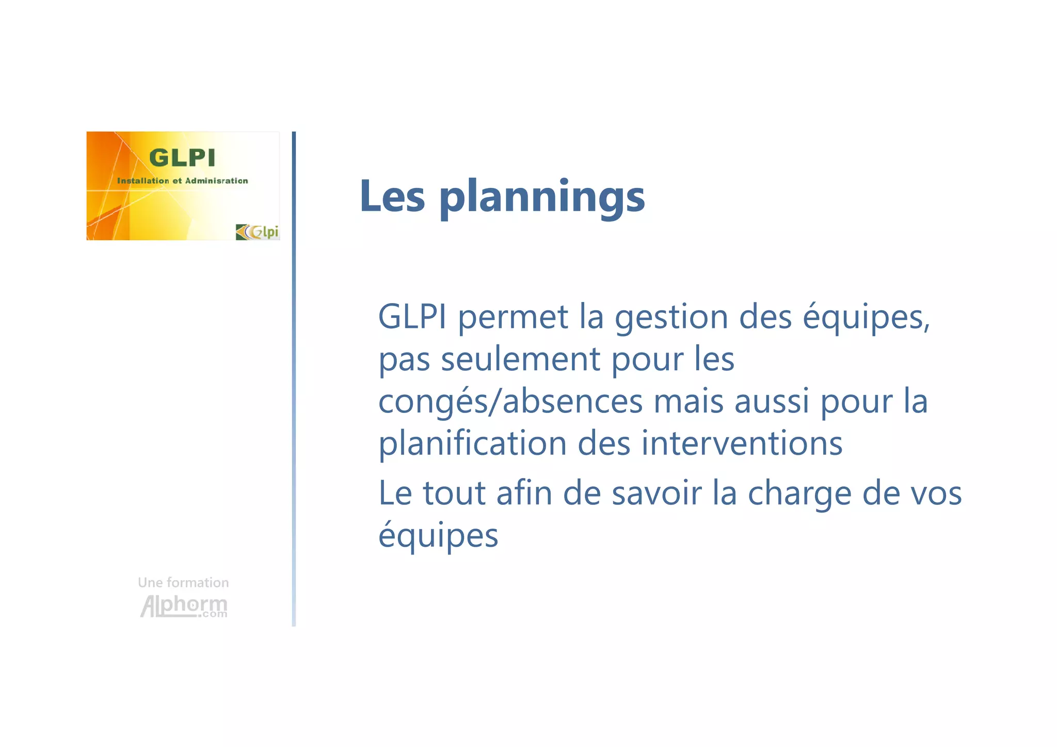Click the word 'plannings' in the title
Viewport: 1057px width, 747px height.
542,198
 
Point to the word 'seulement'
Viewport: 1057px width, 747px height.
520,360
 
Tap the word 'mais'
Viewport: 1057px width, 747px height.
688,402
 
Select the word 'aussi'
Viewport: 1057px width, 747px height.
772,402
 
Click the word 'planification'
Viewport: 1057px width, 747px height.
472,444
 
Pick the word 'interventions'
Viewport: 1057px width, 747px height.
742,443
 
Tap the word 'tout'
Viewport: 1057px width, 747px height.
454,493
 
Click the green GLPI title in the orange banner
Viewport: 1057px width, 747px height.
182,158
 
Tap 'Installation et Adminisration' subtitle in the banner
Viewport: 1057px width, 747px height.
182,181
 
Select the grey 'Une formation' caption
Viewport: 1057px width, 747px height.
183,583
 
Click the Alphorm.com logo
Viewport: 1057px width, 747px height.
184,606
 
